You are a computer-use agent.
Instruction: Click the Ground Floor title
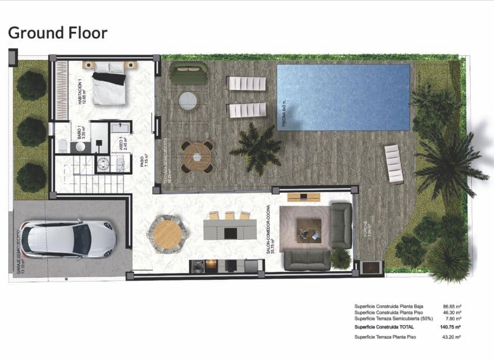point(58,33)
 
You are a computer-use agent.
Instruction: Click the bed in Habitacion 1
point(110,87)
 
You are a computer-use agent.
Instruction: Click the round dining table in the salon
point(169,233)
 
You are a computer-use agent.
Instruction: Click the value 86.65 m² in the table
point(452,305)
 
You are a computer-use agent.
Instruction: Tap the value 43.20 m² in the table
point(452,337)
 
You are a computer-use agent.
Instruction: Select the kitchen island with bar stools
point(230,229)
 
